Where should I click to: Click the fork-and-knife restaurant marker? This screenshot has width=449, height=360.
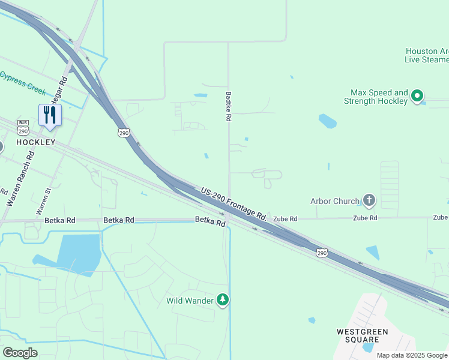[50, 115]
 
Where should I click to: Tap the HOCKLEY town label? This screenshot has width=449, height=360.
[35, 142]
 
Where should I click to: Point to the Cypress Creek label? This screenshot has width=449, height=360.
[23, 82]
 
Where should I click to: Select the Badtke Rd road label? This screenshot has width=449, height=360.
[228, 107]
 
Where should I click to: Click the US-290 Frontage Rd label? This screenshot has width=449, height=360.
[234, 202]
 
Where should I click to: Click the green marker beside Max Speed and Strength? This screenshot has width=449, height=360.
[417, 95]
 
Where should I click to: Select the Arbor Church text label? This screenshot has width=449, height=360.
[334, 202]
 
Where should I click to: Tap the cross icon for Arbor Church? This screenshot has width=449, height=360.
[369, 200]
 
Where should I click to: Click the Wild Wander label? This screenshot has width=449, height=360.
[190, 300]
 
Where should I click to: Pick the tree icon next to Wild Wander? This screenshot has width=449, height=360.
[223, 299]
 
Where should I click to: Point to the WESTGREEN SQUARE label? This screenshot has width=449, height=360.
[362, 335]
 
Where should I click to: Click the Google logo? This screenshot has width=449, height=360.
[20, 353]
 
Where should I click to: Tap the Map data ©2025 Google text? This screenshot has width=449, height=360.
[412, 355]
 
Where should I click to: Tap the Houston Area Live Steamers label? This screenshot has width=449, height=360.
[427, 55]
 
